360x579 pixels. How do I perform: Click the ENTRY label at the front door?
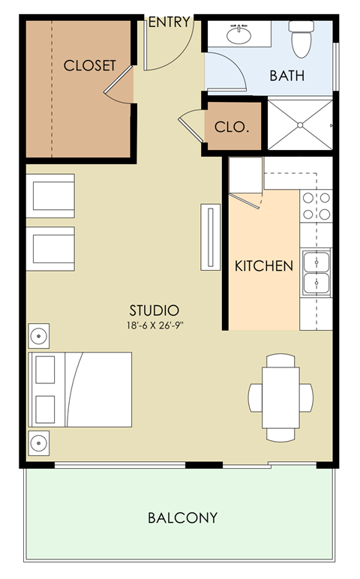coord(169,22)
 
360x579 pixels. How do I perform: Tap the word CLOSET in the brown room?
coord(90,65)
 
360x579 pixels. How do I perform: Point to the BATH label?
coord(287,75)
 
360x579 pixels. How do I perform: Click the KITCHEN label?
coord(263,265)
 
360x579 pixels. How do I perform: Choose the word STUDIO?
coord(154,310)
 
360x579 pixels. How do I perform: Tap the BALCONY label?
coord(182,517)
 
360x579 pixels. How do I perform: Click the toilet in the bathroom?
coord(301,39)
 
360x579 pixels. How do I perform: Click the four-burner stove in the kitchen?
coord(316,206)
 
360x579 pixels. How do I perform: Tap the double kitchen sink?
coord(316,273)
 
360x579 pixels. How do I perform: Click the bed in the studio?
coord(80,389)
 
